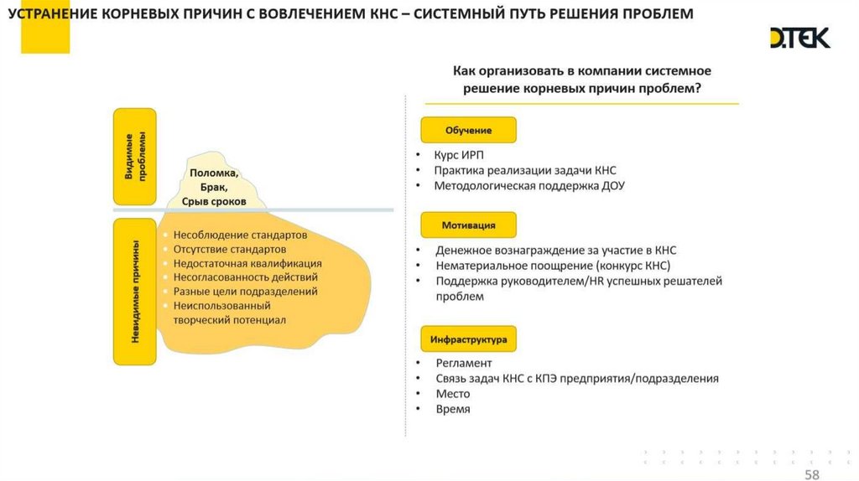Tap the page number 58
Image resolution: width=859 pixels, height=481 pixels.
click(812, 475)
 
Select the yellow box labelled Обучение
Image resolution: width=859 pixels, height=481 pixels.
click(468, 130)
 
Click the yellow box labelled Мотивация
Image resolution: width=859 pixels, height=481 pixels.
click(468, 225)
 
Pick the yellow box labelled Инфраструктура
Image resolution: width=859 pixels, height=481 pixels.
click(468, 339)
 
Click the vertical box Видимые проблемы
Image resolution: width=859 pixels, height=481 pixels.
click(135, 157)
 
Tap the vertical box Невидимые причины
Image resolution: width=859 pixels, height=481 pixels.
click(135, 291)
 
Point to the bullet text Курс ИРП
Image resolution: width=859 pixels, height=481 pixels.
click(459, 155)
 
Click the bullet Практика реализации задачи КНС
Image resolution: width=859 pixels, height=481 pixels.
click(524, 170)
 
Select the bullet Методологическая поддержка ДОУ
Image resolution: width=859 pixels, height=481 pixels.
click(528, 185)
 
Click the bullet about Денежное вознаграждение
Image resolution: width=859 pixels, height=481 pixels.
click(555, 250)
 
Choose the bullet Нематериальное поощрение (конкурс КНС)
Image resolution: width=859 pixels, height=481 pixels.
click(552, 265)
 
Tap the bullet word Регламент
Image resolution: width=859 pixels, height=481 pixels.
click(463, 363)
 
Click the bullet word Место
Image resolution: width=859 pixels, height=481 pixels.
click(453, 394)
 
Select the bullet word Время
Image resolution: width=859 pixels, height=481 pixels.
click(453, 409)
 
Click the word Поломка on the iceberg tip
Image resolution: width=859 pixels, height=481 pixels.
click(214, 173)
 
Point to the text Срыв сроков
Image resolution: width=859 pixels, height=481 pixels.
click(214, 202)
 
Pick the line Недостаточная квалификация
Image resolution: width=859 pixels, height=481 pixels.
click(247, 263)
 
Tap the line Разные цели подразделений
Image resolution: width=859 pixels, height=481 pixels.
click(245, 292)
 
